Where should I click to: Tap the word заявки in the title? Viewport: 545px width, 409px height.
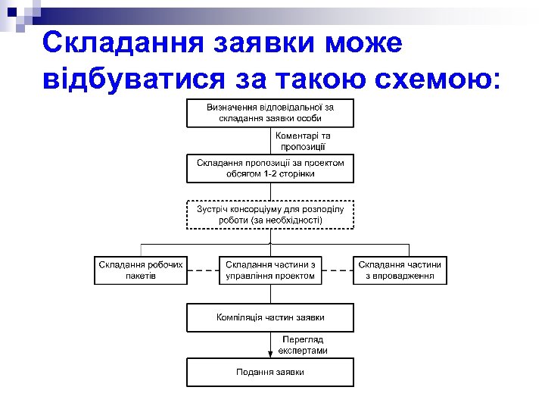click(260, 42)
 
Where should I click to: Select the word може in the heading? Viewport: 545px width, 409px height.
click(363, 42)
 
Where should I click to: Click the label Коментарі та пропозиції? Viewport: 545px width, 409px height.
click(303, 141)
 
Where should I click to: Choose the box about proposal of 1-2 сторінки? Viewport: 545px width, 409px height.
click(270, 168)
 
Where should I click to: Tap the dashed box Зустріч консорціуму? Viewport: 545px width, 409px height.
click(270, 214)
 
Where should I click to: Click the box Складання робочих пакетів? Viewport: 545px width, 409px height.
click(141, 270)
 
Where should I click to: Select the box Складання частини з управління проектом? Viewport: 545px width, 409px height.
click(270, 270)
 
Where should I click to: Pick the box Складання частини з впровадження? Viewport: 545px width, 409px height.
click(400, 270)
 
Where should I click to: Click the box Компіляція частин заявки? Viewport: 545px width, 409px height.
click(270, 317)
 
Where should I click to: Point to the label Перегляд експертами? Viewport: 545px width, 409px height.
click(303, 345)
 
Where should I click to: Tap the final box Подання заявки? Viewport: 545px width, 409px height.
click(270, 372)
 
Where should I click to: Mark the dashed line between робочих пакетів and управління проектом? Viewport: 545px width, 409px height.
click(203, 270)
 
